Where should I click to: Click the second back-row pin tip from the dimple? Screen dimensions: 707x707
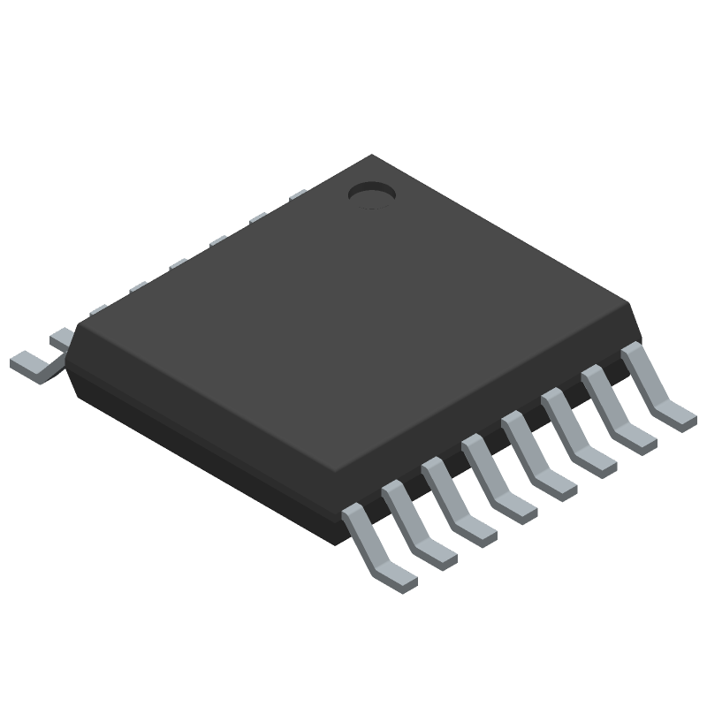coord(257,217)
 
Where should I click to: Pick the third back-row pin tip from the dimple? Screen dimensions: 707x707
coord(217,239)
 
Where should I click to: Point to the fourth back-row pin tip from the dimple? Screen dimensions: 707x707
coord(178,262)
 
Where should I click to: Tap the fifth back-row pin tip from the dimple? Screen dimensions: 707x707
coord(138,286)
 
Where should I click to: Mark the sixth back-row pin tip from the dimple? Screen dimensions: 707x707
coord(98,308)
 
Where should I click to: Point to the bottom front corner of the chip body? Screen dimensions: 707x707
coord(339,541)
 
